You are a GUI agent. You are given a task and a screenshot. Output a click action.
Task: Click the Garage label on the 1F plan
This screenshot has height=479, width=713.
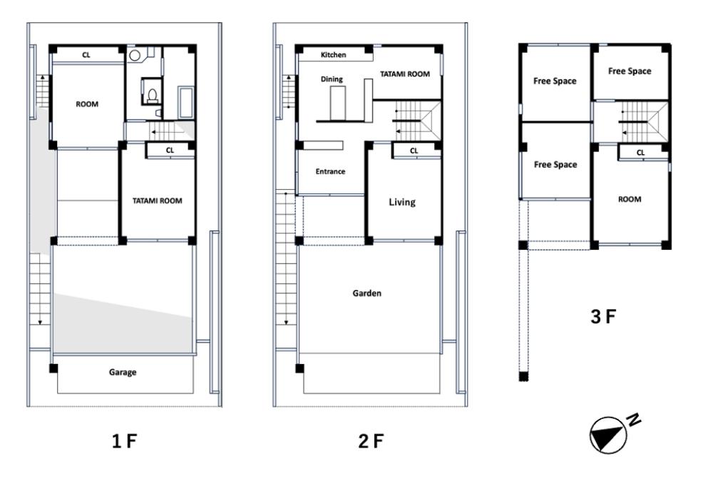[x=123, y=373]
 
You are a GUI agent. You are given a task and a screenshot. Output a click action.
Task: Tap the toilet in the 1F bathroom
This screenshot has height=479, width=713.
[x=153, y=94]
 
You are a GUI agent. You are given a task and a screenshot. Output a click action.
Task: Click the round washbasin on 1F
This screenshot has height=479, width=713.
[x=135, y=56]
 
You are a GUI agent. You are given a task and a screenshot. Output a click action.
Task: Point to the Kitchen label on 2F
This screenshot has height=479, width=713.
[x=333, y=55]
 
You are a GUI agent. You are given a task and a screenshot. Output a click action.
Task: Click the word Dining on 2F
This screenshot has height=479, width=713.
[x=332, y=79]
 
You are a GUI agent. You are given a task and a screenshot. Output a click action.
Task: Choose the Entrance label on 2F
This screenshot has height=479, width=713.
[x=330, y=171]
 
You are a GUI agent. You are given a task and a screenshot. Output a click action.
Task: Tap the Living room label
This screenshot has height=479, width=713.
[x=402, y=202]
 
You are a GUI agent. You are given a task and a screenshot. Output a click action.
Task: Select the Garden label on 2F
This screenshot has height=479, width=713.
[x=367, y=293]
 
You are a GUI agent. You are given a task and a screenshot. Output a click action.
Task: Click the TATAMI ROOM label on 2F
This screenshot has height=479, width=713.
[x=405, y=74]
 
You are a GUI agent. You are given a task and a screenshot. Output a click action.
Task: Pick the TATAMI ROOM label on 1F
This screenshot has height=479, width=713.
[x=158, y=201]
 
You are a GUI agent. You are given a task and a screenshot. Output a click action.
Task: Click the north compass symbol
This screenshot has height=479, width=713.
[x=608, y=435]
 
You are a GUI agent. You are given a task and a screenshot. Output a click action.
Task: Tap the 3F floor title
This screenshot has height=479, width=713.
[x=603, y=316]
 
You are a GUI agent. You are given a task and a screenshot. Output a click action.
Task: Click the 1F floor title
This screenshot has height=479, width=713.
[x=124, y=440]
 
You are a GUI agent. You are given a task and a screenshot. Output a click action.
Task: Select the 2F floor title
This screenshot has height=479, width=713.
[x=371, y=440]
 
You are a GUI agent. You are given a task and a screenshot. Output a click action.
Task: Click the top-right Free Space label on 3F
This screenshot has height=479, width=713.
[x=630, y=71]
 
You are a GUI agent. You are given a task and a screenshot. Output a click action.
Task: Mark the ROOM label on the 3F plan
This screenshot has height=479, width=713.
[x=630, y=199]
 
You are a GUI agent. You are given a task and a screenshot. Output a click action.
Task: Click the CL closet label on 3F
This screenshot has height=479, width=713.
[x=641, y=153]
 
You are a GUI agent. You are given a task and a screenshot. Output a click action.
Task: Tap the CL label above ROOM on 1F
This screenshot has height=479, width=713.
[x=86, y=55]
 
